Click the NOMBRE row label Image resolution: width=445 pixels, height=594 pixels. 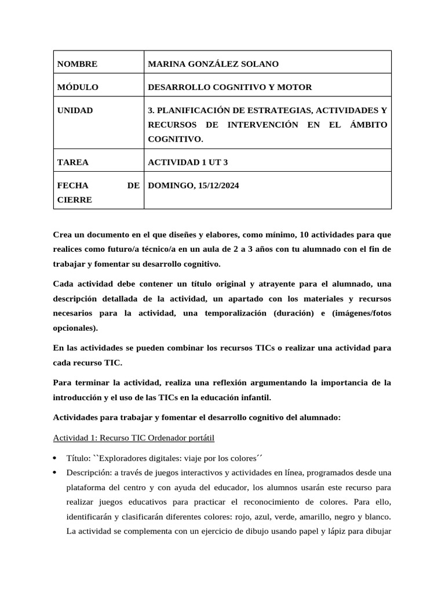(78, 64)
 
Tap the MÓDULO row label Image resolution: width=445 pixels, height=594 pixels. (78, 87)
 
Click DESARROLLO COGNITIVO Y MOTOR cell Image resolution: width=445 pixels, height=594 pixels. (230, 87)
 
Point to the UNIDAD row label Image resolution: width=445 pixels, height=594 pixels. (75, 110)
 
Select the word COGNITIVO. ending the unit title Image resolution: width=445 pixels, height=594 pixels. (176, 139)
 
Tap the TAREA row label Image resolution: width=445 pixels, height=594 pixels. (73, 162)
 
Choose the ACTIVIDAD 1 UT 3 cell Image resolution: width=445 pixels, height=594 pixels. (188, 162)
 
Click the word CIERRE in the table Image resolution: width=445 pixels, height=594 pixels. (75, 200)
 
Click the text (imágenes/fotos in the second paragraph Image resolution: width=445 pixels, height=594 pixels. (361, 313)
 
